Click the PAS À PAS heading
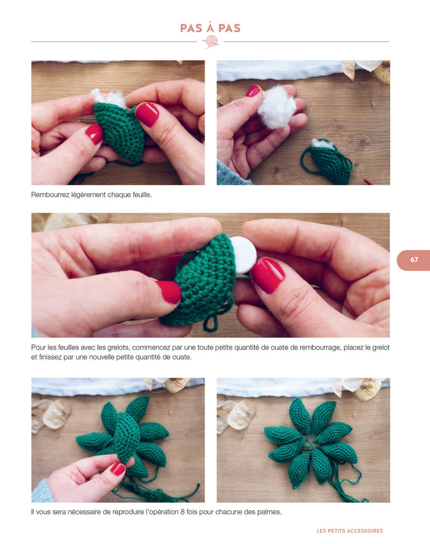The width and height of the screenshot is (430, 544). (x=210, y=28)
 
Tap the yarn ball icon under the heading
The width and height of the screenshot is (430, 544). (x=211, y=42)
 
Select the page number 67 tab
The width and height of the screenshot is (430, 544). (x=413, y=260)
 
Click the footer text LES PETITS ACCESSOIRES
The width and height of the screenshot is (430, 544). (x=350, y=531)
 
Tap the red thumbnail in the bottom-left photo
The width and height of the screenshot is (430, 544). (x=117, y=469)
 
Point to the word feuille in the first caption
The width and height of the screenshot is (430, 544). (x=141, y=195)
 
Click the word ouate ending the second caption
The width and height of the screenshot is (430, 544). (x=182, y=357)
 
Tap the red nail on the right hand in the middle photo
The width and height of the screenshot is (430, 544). (x=267, y=275)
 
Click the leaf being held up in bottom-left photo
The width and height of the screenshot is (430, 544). (x=126, y=437)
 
